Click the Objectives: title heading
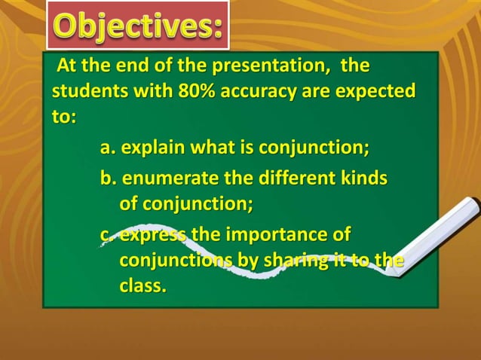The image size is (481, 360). click(138, 26)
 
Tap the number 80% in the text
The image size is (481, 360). click(200, 92)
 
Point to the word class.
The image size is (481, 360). click(142, 286)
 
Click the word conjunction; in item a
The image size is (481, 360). click(314, 147)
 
